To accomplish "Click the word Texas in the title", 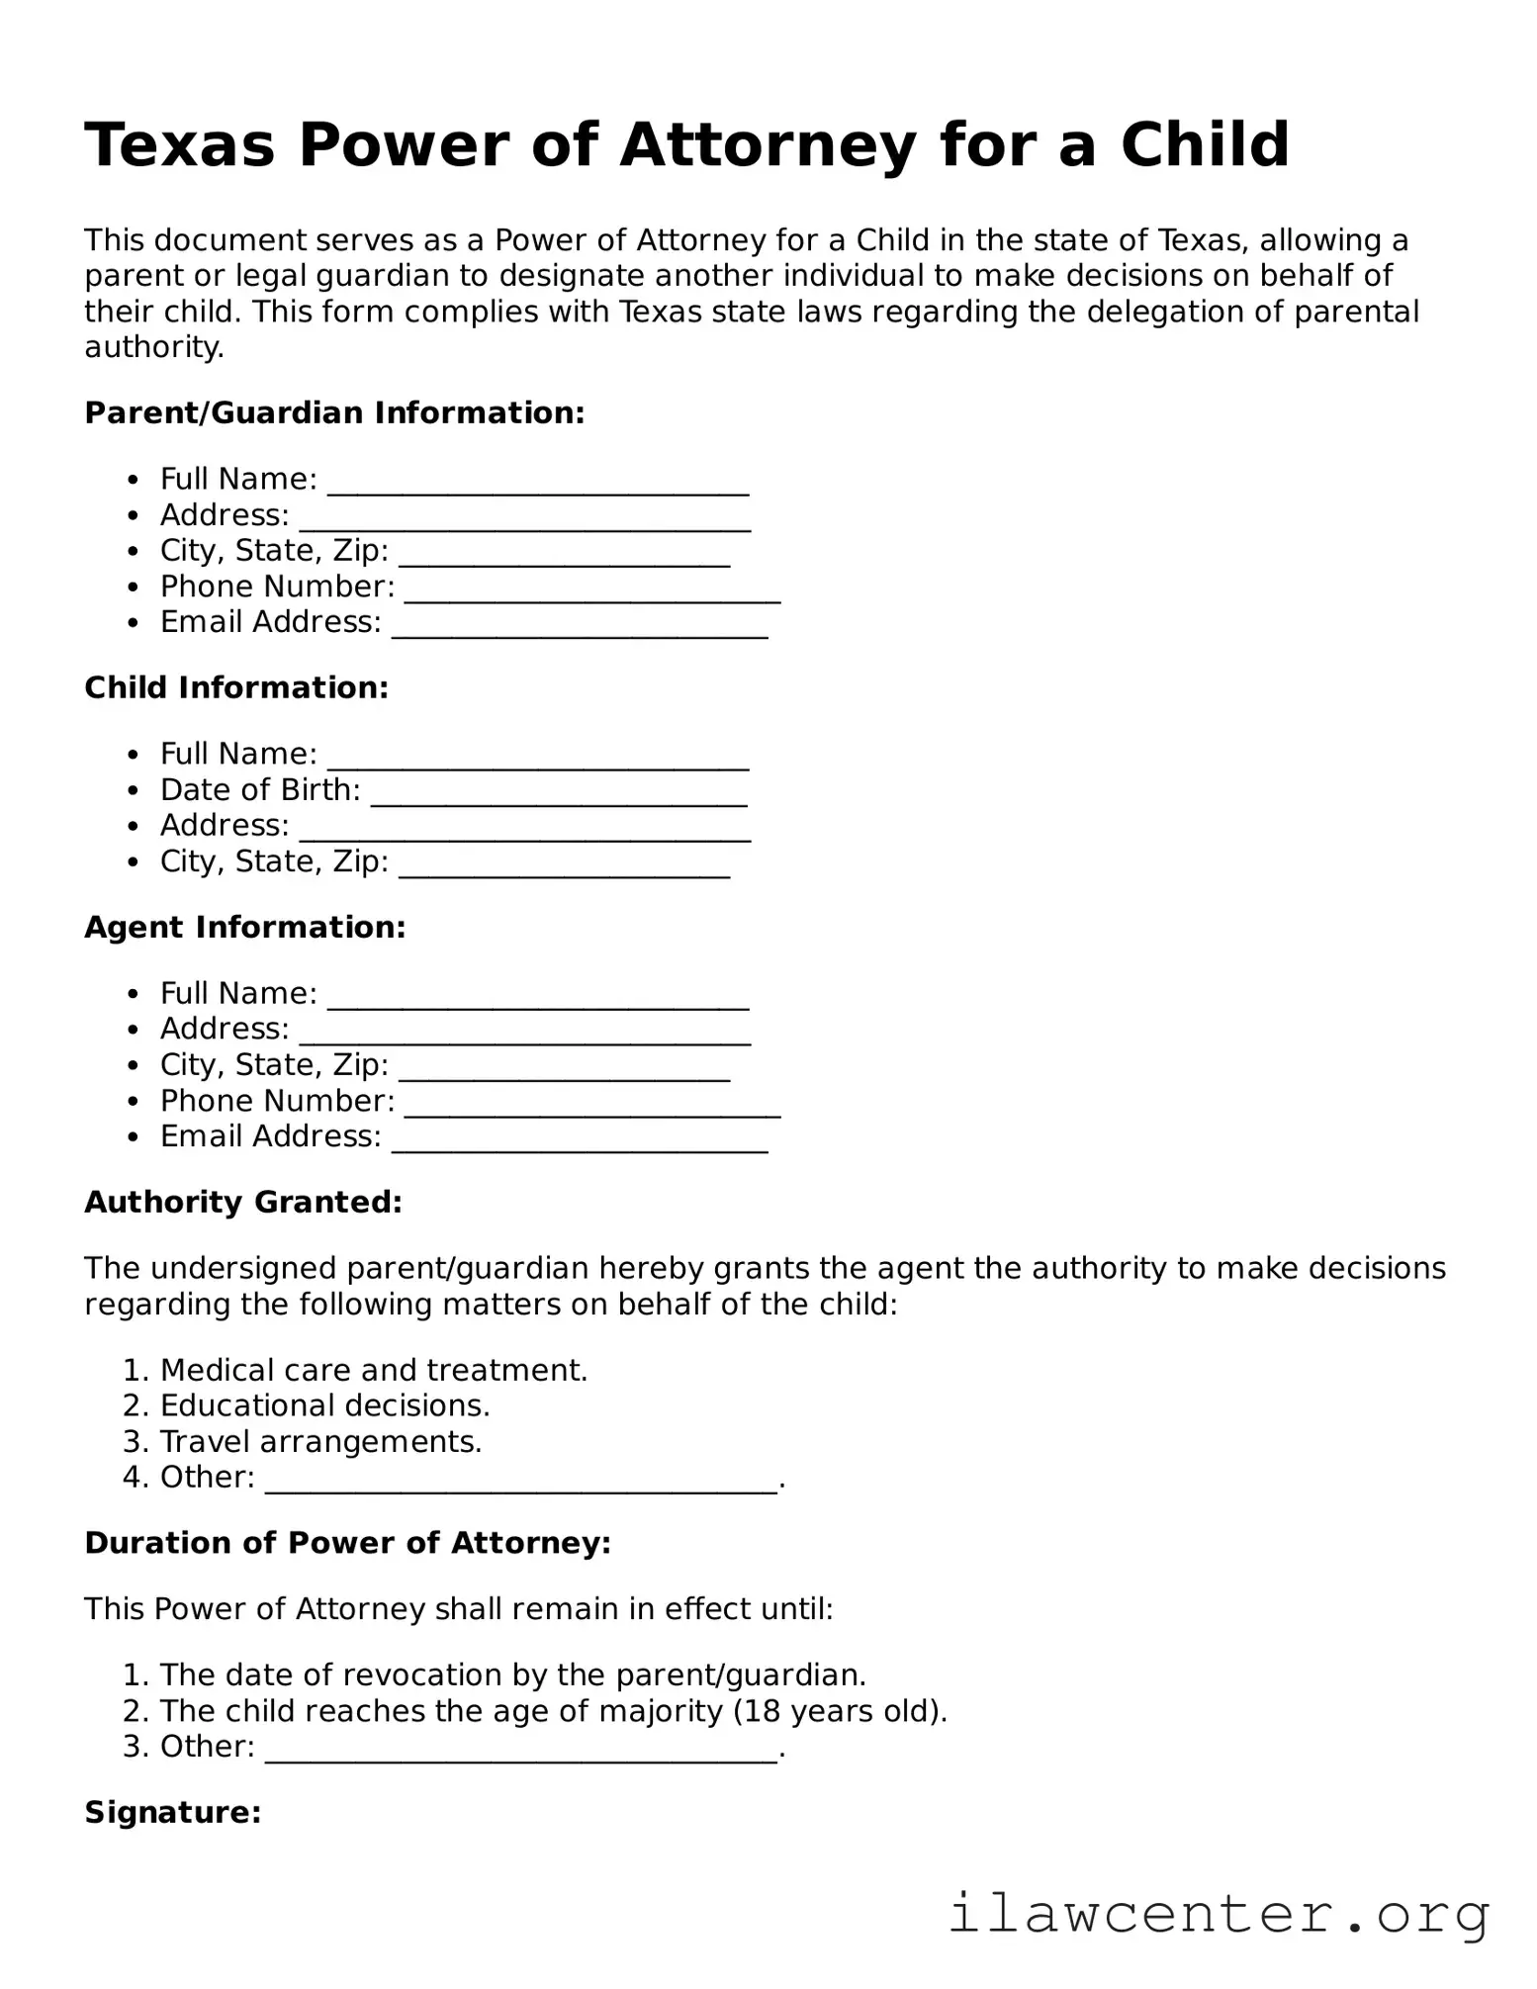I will point(178,145).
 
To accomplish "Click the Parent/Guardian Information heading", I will point(334,412).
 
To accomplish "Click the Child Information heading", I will point(236,687).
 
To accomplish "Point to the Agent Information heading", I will point(244,927).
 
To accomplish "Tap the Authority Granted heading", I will point(243,1202).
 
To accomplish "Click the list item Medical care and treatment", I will point(373,1370).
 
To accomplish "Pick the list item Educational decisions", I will point(324,1405).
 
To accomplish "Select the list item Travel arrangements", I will point(320,1441).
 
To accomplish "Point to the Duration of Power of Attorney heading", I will point(347,1543).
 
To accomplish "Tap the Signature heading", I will point(172,1812).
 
